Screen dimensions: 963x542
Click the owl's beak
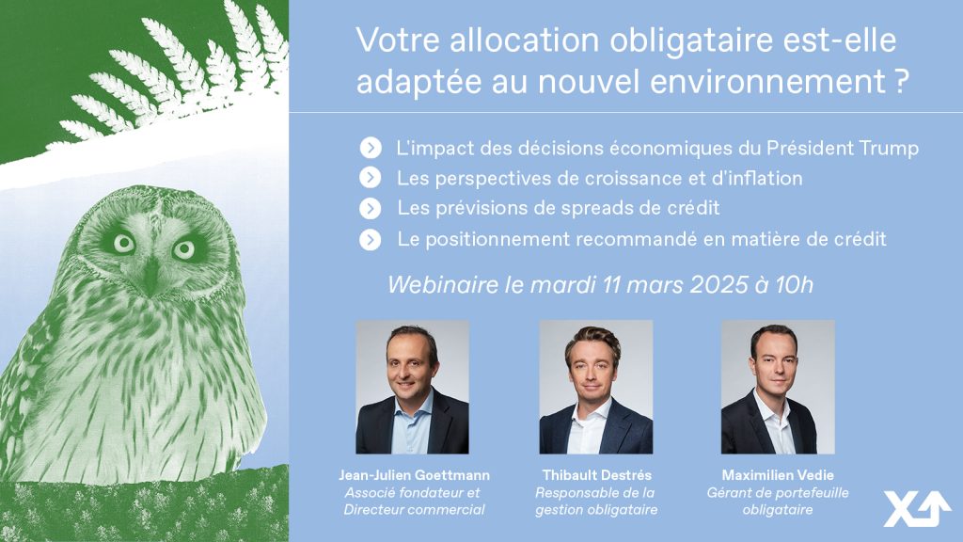(150, 275)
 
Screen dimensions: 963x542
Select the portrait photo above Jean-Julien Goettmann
(412, 387)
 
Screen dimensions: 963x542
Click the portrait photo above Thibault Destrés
(595, 387)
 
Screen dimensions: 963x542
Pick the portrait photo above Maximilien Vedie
(778, 387)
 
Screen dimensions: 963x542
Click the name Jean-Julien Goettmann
(415, 475)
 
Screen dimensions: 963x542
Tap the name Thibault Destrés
(596, 475)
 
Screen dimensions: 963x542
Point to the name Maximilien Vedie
(778, 475)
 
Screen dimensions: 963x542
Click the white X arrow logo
(916, 509)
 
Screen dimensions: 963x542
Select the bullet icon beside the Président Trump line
(371, 148)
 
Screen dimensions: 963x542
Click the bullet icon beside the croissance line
(371, 178)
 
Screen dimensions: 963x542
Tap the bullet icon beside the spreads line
(371, 208)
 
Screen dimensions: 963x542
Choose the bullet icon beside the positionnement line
(371, 239)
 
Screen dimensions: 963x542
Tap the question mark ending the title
(901, 82)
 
